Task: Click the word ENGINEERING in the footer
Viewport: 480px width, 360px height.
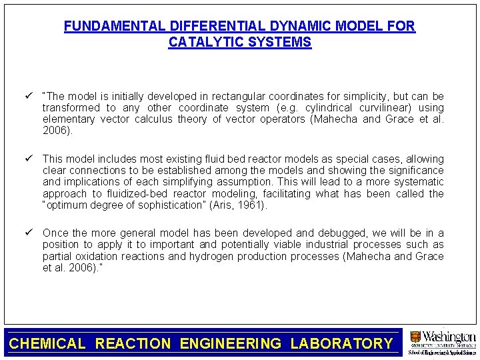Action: tap(231, 344)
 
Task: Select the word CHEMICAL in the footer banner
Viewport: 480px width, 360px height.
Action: tap(48, 344)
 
